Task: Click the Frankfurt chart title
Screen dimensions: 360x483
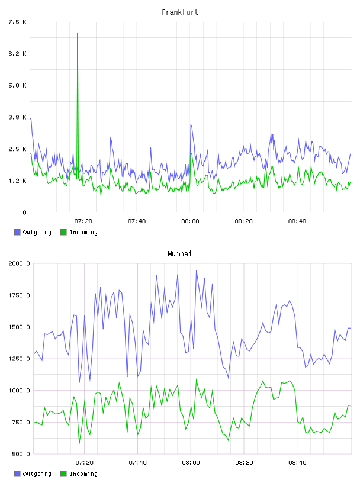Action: [x=180, y=12]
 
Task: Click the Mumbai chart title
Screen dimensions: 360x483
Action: [x=179, y=254]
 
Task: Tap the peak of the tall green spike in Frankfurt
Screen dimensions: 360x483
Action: [x=78, y=33]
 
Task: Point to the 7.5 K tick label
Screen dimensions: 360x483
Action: [x=18, y=22]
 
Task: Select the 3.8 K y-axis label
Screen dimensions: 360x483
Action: [x=18, y=117]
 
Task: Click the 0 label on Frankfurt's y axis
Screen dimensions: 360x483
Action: [x=25, y=212]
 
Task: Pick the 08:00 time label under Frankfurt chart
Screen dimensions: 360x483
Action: [x=190, y=221]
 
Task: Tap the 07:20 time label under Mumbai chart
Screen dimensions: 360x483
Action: [x=84, y=462]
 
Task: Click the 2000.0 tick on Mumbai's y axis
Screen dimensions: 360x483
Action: [x=20, y=263]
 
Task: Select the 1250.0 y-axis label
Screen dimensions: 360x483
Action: [x=20, y=359]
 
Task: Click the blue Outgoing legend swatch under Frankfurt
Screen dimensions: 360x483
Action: [x=17, y=232]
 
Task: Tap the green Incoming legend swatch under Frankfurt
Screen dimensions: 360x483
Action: [x=63, y=232]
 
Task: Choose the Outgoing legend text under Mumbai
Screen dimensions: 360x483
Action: [x=37, y=474]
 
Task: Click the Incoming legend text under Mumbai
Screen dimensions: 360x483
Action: [x=83, y=474]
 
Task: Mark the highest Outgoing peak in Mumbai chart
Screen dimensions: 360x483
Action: [x=197, y=271]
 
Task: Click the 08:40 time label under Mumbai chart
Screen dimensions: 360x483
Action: [x=297, y=462]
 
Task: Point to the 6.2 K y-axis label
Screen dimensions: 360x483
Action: [x=18, y=54]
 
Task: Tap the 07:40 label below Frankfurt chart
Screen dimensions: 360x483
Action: [x=137, y=221]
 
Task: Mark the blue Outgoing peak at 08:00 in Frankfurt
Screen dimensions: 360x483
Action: [x=191, y=125]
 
